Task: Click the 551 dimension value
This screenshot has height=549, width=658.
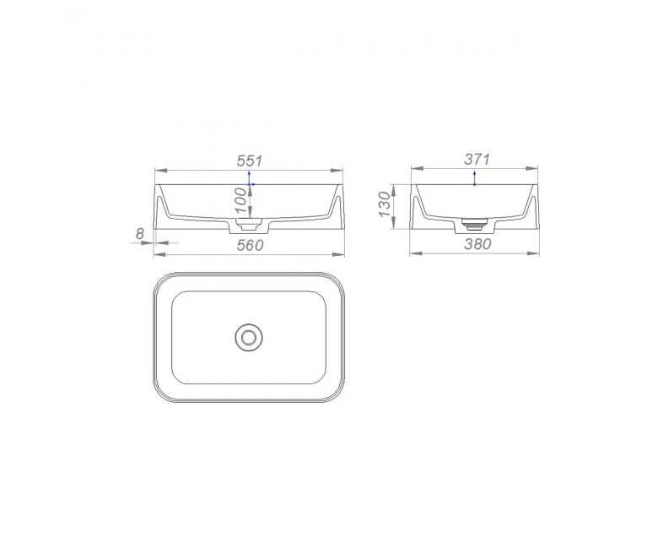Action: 249,160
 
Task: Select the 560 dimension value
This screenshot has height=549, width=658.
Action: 250,245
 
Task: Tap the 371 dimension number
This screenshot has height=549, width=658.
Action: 477,159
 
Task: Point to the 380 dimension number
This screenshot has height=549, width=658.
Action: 477,243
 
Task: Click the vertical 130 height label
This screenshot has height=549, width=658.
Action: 385,204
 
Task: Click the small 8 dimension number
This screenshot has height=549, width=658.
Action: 140,234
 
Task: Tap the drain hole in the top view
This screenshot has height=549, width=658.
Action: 249,337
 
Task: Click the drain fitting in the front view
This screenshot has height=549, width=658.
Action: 249,224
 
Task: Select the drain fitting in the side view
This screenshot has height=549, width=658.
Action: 475,224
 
